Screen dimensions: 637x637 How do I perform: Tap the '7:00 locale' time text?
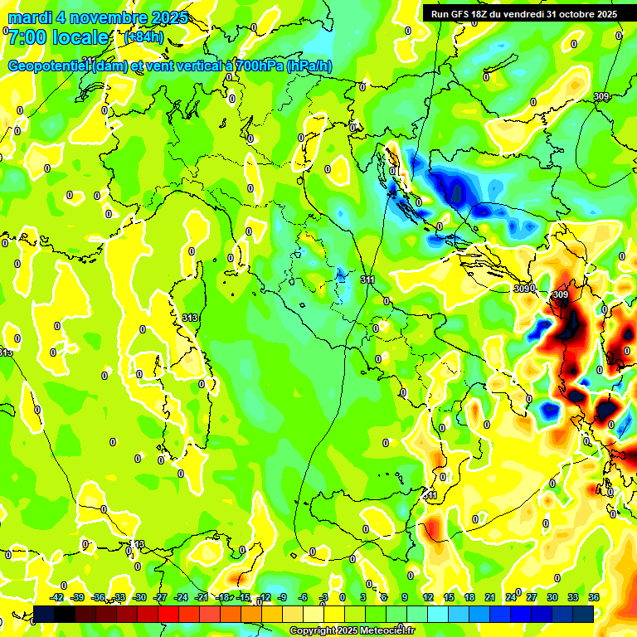click(58, 37)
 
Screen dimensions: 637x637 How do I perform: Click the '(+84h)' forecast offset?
click(143, 37)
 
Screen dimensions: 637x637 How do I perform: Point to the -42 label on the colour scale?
click(57, 597)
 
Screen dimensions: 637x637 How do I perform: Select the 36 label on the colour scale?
click(594, 597)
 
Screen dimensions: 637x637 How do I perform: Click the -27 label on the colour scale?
click(160, 597)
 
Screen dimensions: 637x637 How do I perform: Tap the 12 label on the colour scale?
click(428, 597)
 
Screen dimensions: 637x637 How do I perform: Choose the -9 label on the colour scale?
click(282, 597)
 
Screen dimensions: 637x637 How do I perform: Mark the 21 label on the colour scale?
click(490, 597)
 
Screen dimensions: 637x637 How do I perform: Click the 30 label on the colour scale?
click(552, 597)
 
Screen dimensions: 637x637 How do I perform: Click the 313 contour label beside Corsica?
click(189, 318)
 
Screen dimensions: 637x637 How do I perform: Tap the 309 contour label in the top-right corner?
click(601, 97)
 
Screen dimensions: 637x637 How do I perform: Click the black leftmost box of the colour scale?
click(44, 614)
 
